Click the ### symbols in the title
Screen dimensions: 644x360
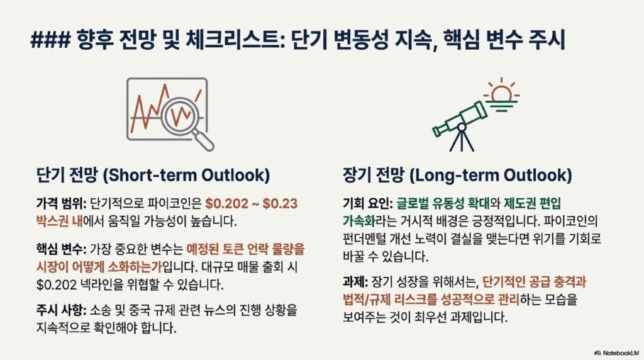pos(50,40)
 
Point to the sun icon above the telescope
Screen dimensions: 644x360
pos(501,94)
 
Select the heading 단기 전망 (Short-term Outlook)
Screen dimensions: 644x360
pos(153,175)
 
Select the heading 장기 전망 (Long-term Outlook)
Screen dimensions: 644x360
pos(458,175)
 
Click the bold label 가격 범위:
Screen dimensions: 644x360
pos(61,203)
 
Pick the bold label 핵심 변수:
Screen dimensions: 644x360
pos(61,249)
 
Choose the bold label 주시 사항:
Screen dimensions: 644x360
pos(61,310)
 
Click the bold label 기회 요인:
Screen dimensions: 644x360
pos(368,203)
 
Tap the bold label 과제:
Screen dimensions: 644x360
pos(355,282)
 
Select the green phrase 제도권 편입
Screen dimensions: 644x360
pos(532,203)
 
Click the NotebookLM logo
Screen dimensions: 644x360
pos(617,353)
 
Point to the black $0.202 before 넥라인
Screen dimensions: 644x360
pos(56,285)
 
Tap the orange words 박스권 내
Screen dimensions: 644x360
pos(60,222)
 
